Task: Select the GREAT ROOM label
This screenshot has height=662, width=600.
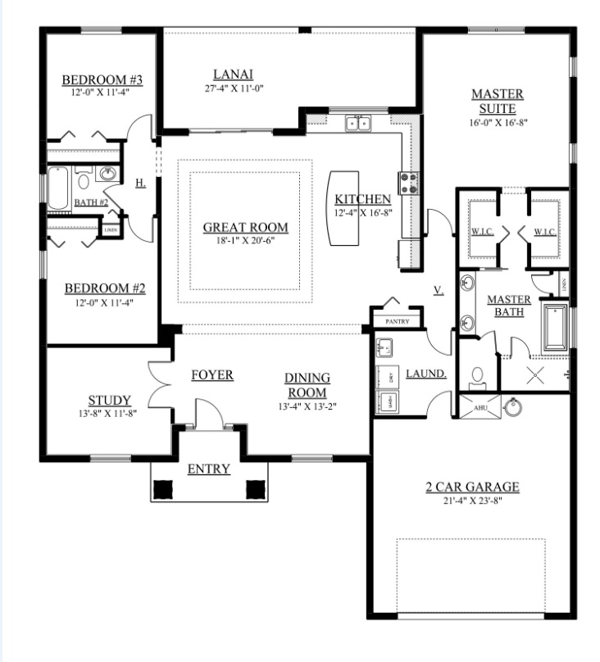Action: point(246,228)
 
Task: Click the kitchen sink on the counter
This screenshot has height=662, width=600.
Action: point(357,124)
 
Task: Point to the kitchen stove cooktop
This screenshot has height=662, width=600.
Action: point(408,183)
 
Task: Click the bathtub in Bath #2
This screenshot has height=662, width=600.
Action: point(58,189)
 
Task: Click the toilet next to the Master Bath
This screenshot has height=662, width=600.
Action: point(478,376)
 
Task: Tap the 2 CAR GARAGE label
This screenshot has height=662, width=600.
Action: point(471,487)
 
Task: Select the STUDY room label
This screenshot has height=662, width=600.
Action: point(110,401)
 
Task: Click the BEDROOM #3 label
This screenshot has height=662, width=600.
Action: point(103,80)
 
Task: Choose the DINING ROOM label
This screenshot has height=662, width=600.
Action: point(307,385)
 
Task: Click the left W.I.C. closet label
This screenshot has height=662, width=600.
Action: point(481,233)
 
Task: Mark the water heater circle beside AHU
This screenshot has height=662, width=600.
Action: point(513,407)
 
